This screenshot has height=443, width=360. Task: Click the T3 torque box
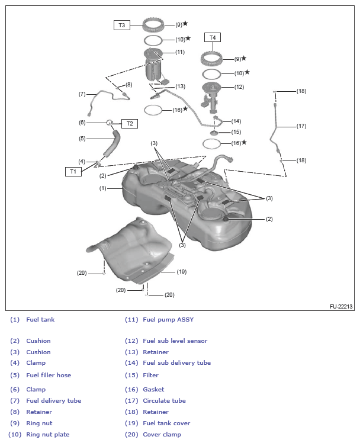point(122,25)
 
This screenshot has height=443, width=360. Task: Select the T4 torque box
point(213,37)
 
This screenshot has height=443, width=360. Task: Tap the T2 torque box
point(130,124)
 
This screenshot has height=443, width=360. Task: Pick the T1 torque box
point(73,171)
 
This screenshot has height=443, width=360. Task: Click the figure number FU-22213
point(341,307)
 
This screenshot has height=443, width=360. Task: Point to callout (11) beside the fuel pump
point(180,52)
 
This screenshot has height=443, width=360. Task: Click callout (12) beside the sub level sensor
point(239,87)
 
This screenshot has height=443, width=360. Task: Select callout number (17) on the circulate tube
point(301,126)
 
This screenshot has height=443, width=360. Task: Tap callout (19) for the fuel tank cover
point(182,272)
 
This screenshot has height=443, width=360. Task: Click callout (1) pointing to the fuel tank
point(102,188)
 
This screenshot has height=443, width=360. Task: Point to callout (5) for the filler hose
point(82,139)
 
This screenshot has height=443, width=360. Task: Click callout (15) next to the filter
point(236,132)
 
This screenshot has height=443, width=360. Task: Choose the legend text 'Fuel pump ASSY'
point(168,320)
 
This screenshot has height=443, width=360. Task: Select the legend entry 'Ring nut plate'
point(47,434)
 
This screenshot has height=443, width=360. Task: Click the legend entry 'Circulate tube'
point(164,400)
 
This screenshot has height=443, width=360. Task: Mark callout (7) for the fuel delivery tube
point(82,94)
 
